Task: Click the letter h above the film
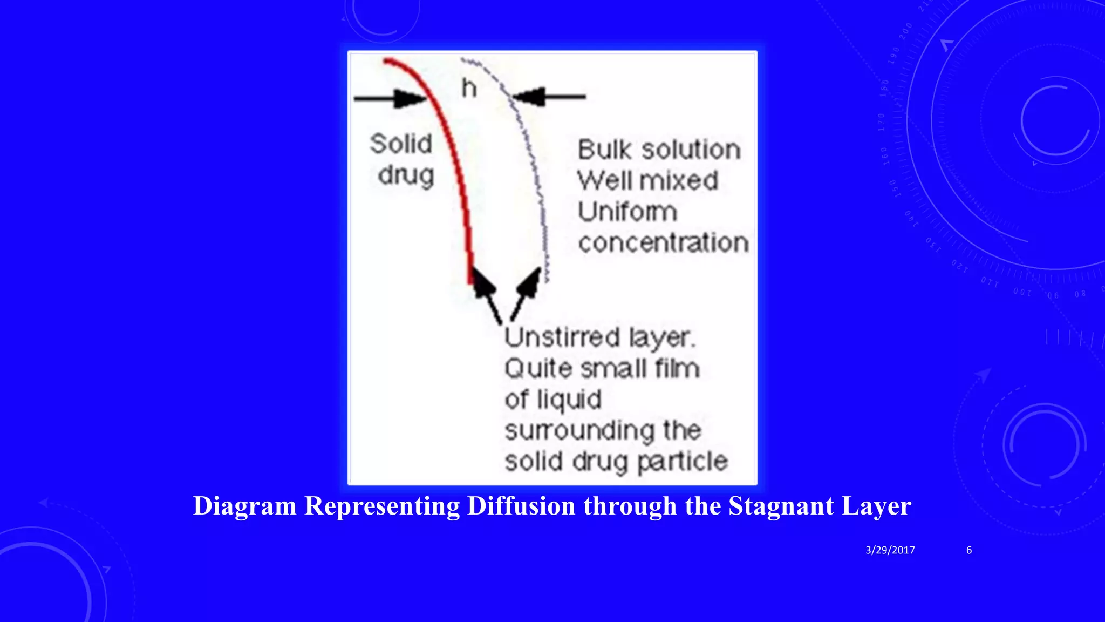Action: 469,88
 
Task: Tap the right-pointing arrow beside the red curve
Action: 391,98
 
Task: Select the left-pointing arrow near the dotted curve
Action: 548,97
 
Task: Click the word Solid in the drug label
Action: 401,144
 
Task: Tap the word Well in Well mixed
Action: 603,180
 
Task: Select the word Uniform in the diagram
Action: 627,212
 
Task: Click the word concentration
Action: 663,243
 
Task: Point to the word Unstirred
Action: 562,338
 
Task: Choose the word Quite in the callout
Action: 538,369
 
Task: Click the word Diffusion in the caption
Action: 521,506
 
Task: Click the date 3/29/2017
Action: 890,550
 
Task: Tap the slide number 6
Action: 969,550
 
